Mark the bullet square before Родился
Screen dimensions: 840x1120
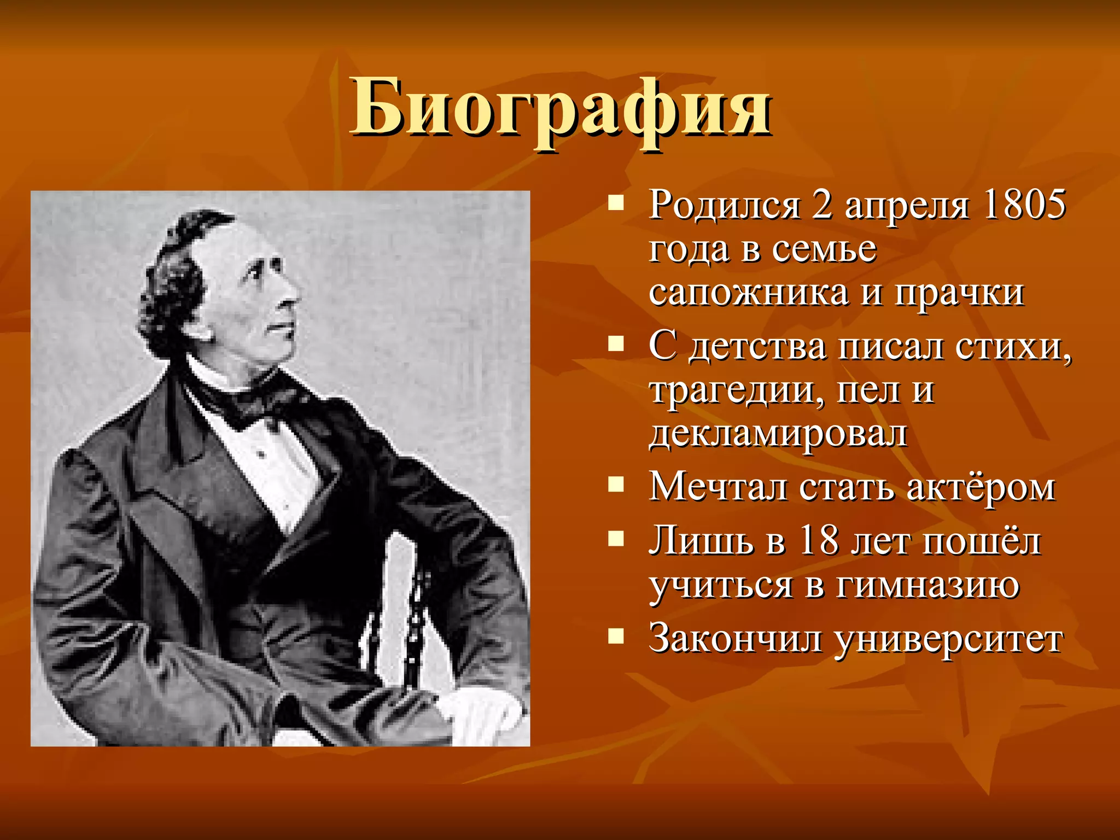pyautogui.click(x=616, y=204)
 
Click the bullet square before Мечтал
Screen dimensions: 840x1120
pyautogui.click(x=616, y=484)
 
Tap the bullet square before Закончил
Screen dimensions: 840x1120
pyautogui.click(x=616, y=635)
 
